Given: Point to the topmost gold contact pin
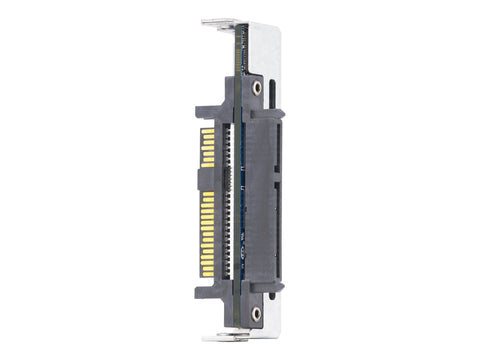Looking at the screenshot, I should (x=208, y=129).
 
